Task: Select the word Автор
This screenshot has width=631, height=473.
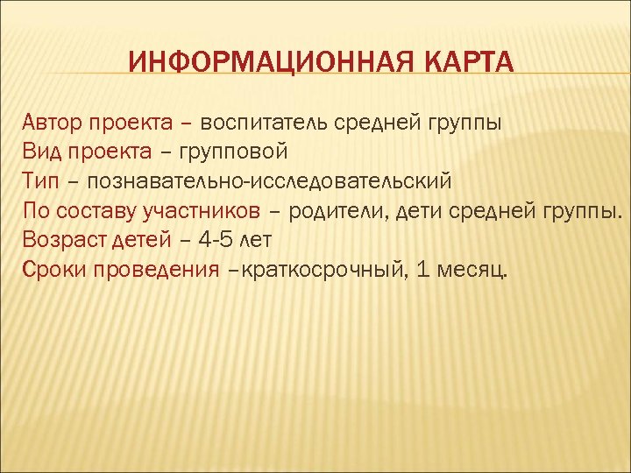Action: point(51,122)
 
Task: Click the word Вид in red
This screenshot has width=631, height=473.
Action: point(40,152)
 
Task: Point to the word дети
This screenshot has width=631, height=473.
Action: point(422,211)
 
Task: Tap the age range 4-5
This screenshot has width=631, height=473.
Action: point(211,241)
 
